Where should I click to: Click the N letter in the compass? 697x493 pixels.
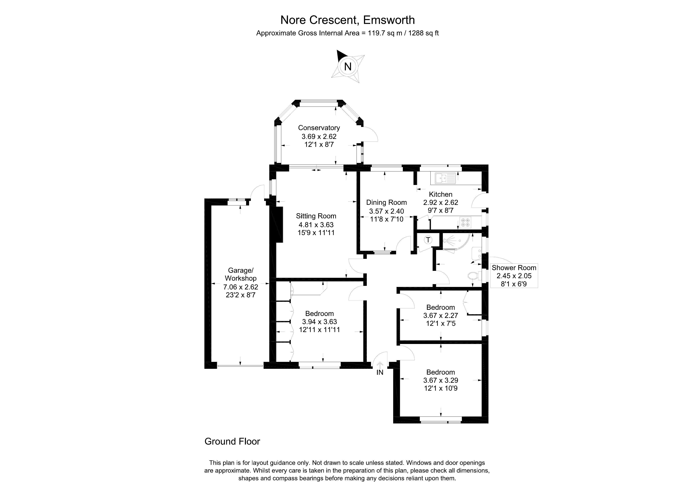coord(348,67)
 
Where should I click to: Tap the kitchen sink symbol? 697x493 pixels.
coord(445,178)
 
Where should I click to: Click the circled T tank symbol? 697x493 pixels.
coord(428,240)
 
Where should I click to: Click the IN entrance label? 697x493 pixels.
coord(380,372)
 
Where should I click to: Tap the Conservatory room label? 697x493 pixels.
coord(319,128)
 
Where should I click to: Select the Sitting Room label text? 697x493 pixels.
coord(316,216)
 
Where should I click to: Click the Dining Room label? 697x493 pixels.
coord(387,202)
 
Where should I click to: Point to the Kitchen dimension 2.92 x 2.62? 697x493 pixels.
coord(441,202)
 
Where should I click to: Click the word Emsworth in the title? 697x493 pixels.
coord(389,20)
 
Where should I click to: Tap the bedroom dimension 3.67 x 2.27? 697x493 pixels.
coord(441,315)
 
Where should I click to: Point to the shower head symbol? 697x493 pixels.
coord(447,241)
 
